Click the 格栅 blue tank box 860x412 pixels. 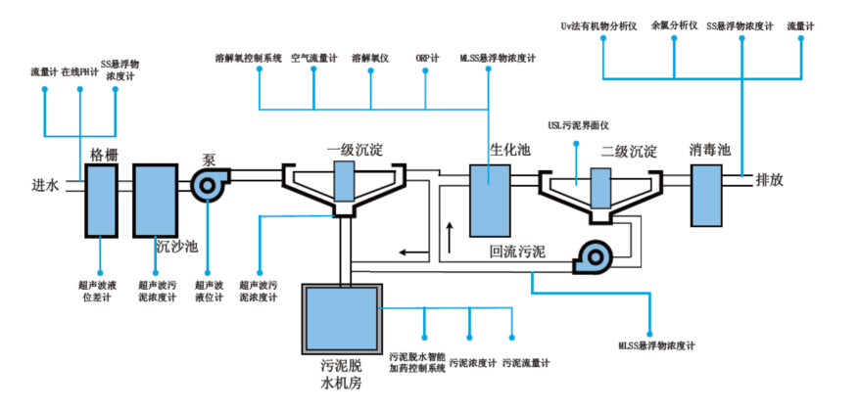102,201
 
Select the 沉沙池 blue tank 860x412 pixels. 156,201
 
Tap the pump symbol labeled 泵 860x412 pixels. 210,185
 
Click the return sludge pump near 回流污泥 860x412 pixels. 593,256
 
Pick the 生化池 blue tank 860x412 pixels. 490,201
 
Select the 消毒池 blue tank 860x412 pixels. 706,196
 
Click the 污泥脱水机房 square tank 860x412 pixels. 342,319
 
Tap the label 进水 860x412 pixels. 44,185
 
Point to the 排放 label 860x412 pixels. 770,180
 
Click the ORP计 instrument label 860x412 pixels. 427,59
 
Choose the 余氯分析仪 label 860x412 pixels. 674,25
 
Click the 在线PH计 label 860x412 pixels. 80,72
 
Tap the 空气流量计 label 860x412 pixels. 313,59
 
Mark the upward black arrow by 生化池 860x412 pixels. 450,237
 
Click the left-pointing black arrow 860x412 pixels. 413,252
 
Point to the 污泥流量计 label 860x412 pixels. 525,363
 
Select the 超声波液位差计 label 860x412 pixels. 100,291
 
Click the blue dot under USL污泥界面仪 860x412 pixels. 576,144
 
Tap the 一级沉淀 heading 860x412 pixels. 355,150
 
